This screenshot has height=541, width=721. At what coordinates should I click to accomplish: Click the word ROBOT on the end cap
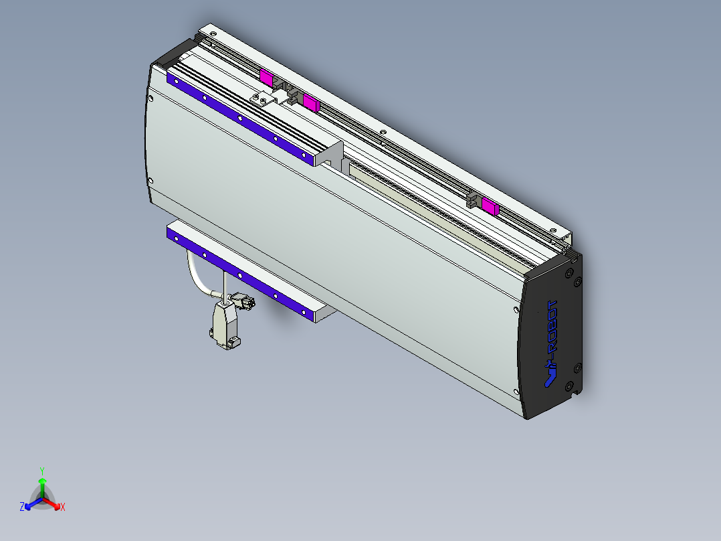[552, 325]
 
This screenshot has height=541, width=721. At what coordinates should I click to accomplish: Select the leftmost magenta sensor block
[266, 76]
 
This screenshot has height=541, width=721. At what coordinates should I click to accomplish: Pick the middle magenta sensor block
[311, 102]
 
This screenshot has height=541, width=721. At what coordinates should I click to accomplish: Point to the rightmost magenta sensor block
[490, 206]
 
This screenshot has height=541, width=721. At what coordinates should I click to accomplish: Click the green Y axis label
[42, 471]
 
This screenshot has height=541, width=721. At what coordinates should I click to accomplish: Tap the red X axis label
[63, 507]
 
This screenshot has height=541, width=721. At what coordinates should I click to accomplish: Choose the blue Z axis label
[22, 507]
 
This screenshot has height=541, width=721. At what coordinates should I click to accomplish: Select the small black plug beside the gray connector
[243, 301]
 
